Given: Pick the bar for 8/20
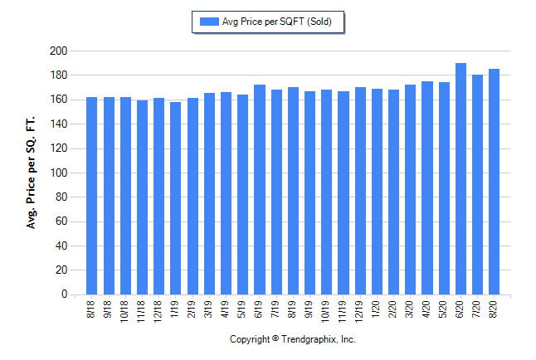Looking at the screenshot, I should coord(494,182).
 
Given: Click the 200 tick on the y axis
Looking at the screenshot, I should coord(57,51).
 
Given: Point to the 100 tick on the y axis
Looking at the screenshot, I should coord(57,173).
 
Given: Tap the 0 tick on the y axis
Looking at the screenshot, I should coord(62,294).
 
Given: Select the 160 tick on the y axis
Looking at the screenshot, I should coord(57,100).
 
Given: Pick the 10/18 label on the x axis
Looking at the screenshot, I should coord(125,310).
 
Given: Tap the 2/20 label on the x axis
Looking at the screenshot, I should coord(393,309).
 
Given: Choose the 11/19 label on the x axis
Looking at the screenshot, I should coord(344,310).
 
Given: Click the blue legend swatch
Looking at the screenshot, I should coord(207,22).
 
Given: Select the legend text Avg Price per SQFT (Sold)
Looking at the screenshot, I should coord(276,22).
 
